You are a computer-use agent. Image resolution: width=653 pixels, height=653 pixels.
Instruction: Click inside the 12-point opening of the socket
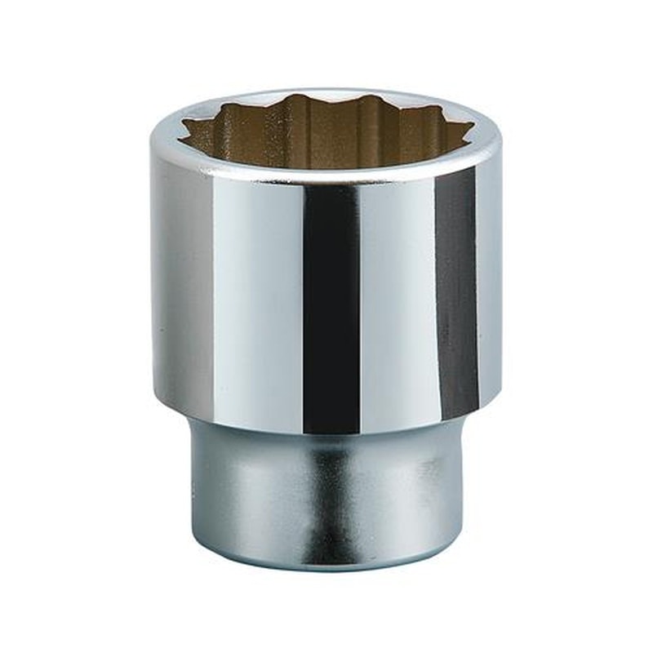point(326,135)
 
